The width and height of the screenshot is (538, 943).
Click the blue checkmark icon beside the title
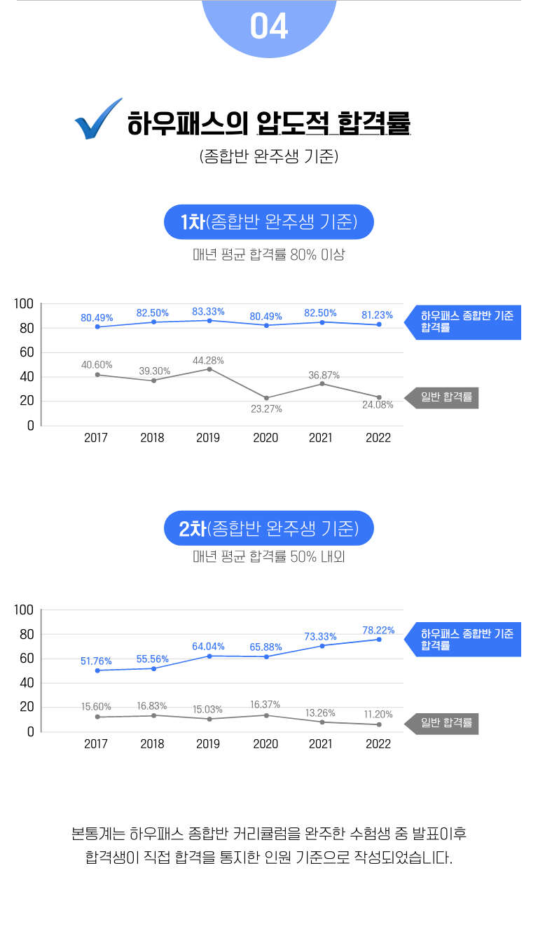click(97, 120)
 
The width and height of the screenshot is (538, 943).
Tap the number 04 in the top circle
click(269, 27)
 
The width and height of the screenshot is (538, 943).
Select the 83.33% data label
click(208, 312)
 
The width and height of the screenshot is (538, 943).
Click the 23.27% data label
click(266, 409)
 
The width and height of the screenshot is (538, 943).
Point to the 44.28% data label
click(208, 361)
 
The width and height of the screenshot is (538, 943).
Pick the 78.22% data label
click(378, 631)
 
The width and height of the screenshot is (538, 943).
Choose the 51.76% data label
click(96, 661)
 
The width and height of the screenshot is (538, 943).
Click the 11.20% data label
click(378, 715)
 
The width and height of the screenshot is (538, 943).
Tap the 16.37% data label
click(265, 705)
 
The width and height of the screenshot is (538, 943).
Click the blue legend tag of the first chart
click(464, 322)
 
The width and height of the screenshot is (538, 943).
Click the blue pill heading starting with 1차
click(269, 223)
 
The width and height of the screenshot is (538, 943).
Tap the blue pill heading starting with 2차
click(269, 528)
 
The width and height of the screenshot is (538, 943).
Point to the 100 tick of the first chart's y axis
click(24, 304)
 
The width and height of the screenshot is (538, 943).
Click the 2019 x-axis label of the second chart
click(208, 744)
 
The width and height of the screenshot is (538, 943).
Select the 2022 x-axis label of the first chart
click(378, 438)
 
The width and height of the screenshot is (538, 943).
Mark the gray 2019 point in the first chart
click(209, 369)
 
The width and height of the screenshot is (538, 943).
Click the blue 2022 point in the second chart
click(379, 640)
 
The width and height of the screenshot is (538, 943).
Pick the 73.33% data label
click(320, 637)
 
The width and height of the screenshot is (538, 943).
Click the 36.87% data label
click(324, 376)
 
